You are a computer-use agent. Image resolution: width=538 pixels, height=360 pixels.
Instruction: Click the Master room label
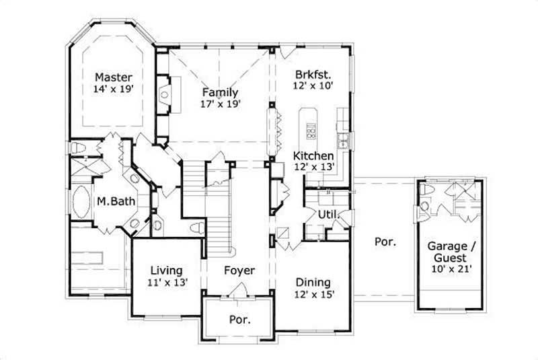113,77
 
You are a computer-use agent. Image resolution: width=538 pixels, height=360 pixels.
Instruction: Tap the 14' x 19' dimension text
113,88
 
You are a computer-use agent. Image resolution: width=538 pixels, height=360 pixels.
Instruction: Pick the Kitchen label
313,155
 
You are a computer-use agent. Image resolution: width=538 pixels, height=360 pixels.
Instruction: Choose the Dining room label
313,283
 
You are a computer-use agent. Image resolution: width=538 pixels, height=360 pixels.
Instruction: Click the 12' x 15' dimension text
313,294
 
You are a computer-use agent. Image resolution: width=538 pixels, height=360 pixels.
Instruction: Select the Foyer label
239,271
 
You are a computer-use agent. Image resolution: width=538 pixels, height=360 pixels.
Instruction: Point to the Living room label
167,271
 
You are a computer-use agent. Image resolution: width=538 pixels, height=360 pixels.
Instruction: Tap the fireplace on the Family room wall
164,97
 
